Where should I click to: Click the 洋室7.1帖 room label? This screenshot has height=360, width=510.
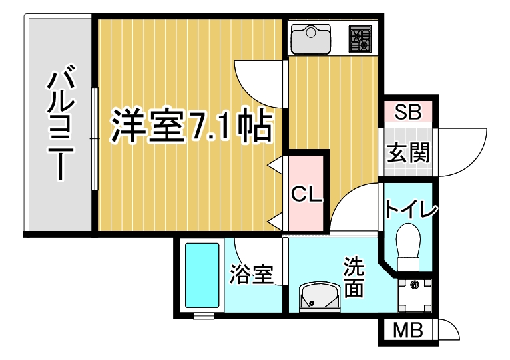tap(191, 127)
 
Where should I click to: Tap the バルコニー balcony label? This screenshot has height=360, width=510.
tap(61, 122)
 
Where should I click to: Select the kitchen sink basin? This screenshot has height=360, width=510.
tap(311, 39)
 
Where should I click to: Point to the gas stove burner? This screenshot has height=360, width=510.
tap(360, 39)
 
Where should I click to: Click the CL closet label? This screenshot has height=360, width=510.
tap(306, 194)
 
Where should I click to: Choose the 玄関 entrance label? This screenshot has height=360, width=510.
tap(408, 152)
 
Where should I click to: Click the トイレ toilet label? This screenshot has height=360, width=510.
tap(411, 209)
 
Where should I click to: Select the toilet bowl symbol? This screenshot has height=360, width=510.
tap(409, 247)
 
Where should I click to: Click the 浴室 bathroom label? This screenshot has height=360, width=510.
tap(252, 274)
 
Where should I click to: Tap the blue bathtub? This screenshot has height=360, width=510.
tap(202, 275)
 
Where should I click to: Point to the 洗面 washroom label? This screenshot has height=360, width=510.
tap(354, 277)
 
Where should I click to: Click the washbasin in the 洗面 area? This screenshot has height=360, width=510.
tap(320, 297)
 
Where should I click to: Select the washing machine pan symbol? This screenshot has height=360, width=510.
tap(414, 295)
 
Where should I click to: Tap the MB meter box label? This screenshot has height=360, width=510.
tap(408, 330)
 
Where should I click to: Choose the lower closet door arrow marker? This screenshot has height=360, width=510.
tap(274, 222)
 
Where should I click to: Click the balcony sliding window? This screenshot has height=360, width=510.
tap(95, 139)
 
